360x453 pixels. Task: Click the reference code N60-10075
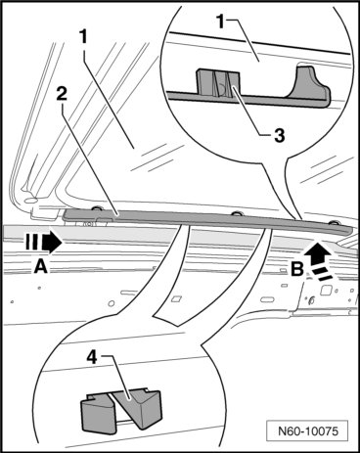click(308, 431)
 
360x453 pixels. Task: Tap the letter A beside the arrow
click(41, 266)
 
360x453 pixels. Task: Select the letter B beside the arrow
click(297, 269)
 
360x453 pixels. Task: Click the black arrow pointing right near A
click(52, 243)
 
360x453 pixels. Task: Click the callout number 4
click(92, 358)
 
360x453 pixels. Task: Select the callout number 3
click(279, 135)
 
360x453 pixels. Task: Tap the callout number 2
click(62, 94)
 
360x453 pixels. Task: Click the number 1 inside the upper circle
click(221, 22)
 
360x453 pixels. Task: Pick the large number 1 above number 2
click(84, 36)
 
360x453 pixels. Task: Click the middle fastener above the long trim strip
click(236, 214)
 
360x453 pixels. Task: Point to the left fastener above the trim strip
click(97, 208)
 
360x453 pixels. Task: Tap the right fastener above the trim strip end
click(334, 223)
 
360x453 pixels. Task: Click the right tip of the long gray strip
click(352, 231)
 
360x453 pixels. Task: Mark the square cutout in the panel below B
click(326, 290)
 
